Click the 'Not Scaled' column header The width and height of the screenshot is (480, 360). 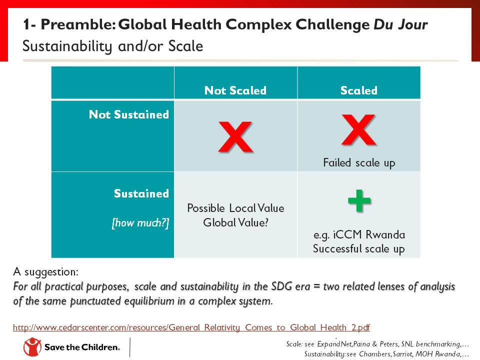point(235,90)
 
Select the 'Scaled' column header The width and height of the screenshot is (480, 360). point(358,90)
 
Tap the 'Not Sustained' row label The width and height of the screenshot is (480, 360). point(128,114)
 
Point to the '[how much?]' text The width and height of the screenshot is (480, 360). point(140,223)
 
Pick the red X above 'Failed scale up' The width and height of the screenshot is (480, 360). point(358,131)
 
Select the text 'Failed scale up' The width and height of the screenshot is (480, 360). point(358,162)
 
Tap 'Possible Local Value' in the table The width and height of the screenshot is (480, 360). point(235,208)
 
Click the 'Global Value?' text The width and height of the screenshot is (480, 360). point(235,222)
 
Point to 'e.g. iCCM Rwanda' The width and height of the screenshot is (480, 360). point(358,234)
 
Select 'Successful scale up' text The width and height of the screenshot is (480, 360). point(358,248)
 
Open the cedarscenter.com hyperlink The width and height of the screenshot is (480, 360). point(191,328)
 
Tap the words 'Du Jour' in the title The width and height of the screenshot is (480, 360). point(400,24)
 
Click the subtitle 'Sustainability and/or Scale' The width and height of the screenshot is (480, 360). point(112,46)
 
